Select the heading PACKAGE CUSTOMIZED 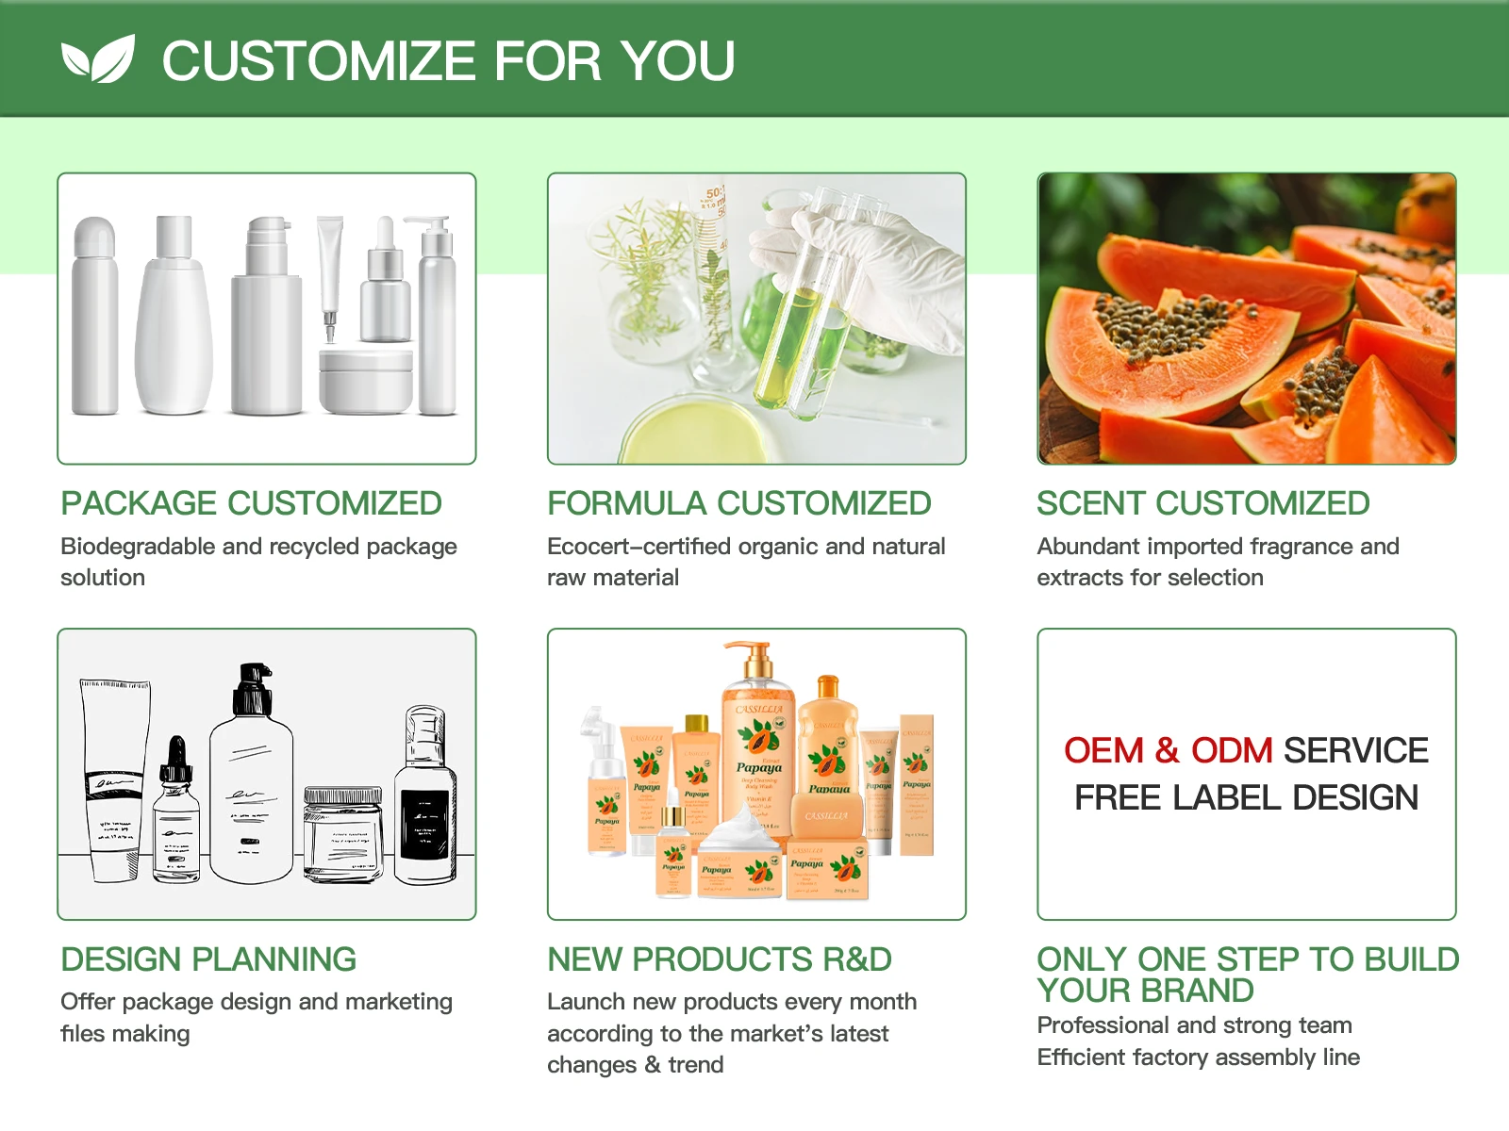click(x=251, y=503)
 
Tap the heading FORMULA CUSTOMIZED click(x=739, y=503)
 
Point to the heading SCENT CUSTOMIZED click(x=1202, y=503)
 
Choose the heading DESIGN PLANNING click(x=208, y=959)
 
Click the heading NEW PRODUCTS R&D click(x=720, y=959)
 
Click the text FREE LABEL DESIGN click(x=1246, y=798)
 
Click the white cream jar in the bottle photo click(x=366, y=382)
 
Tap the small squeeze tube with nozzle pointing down click(x=330, y=273)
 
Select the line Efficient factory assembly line click(x=1198, y=1057)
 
